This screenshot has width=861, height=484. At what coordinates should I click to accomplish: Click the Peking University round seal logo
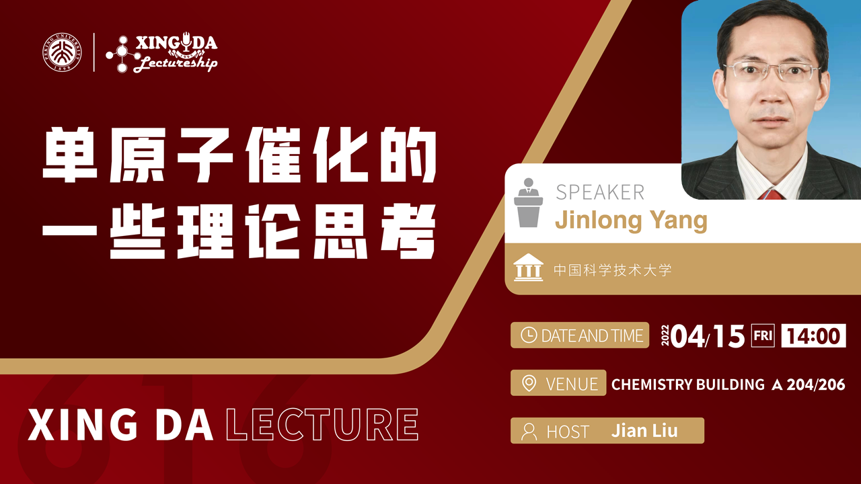coord(62,52)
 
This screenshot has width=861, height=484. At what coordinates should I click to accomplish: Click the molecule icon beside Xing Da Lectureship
coord(122,54)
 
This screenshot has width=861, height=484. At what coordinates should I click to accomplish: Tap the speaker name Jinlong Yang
coord(631,220)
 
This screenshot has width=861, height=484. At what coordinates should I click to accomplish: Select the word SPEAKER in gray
coord(600,192)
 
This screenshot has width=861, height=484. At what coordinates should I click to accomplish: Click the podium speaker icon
coord(529,202)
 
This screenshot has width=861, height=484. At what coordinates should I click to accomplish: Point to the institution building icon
coord(529,268)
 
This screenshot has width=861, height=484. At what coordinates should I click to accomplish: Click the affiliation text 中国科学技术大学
coord(612,270)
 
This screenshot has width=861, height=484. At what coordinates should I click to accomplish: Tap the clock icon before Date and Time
coord(529,335)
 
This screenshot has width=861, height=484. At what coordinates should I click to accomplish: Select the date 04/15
coord(707,336)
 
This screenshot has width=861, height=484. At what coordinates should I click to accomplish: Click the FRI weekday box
coord(763,335)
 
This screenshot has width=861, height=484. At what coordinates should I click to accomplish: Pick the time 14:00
coord(813,335)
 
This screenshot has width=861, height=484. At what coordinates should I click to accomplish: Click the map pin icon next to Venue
coord(529,383)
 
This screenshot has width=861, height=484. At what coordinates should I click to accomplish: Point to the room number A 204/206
coord(809,385)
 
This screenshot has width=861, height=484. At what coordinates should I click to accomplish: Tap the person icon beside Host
coord(529,432)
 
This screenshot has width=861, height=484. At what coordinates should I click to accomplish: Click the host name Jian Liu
coord(644,431)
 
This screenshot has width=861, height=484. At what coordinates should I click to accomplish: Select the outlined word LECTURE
coord(322,424)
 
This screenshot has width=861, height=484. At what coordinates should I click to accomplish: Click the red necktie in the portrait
coord(771,194)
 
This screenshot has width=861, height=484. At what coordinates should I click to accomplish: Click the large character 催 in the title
coord(273,155)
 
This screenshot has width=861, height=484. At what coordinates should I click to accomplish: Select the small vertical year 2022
coord(665,335)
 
